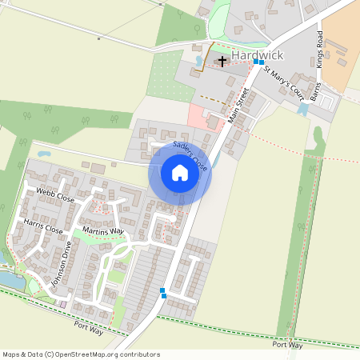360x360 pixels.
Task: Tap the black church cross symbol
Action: point(222,61)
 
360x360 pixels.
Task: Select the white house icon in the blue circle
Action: point(180,173)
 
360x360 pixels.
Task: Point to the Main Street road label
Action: point(239,103)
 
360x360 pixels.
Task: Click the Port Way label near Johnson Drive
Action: point(90,326)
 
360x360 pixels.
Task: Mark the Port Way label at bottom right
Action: point(287,345)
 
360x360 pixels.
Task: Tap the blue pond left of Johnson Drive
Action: point(12,279)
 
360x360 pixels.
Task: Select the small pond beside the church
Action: point(199,61)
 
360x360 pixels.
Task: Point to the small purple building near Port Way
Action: point(63,303)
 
